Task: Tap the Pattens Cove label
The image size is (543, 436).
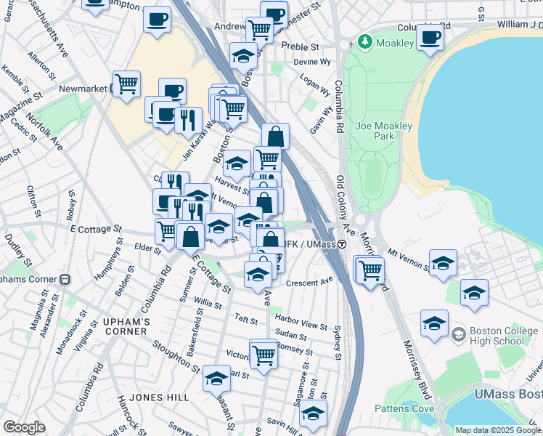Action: (404, 408)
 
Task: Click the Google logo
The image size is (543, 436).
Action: (24, 427)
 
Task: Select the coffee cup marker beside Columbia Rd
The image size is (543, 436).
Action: (429, 38)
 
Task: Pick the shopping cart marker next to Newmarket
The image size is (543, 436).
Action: (127, 84)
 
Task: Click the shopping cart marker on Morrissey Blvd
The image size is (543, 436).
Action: (371, 270)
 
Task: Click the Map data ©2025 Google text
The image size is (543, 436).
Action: (498, 430)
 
